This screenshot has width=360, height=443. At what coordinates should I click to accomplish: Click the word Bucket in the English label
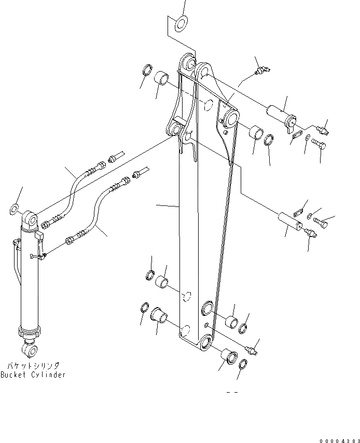point(14,375)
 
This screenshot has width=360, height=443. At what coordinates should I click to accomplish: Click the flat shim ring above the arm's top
point(182,22)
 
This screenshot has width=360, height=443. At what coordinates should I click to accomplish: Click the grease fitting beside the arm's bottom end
point(253,351)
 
